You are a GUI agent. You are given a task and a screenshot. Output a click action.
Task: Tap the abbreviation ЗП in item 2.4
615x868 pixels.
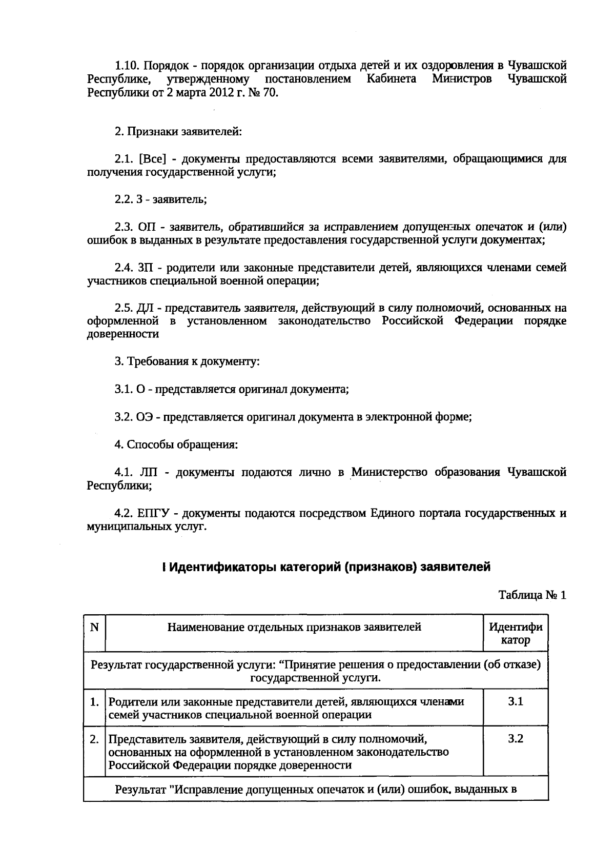coord(147,268)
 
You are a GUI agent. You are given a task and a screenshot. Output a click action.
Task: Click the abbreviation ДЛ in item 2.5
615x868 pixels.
coord(147,308)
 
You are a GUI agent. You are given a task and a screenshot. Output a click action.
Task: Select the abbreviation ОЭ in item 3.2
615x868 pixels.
coord(146,417)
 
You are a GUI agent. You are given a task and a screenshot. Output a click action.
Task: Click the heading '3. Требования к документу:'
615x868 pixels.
coord(187,361)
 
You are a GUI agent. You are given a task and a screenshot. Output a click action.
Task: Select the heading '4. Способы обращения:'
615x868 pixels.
coord(176,445)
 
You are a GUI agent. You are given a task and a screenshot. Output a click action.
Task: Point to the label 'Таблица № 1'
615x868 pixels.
coord(532,595)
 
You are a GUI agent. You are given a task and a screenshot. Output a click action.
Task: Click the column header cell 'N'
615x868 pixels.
coord(94,627)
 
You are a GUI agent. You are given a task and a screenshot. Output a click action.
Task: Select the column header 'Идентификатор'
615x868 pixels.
coord(516,633)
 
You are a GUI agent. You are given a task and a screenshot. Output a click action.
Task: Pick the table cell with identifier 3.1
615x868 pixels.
coord(516,702)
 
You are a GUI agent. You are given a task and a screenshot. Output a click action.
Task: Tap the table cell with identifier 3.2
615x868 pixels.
coord(516,739)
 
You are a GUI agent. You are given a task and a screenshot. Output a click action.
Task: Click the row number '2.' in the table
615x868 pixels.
coord(94,739)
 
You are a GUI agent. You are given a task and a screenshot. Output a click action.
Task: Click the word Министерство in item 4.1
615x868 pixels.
coord(389,472)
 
